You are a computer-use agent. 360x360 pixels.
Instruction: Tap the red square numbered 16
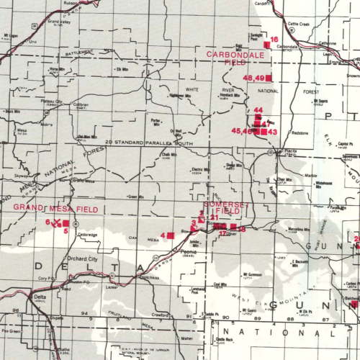coord(266,45)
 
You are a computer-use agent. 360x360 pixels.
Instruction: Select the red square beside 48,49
coord(269,77)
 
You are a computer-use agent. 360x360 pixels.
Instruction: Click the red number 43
coord(271,132)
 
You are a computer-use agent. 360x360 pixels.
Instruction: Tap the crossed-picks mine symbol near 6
coord(57,222)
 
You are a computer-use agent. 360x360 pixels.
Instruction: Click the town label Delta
coord(40,297)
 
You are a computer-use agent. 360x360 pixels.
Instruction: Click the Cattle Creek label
coord(297,24)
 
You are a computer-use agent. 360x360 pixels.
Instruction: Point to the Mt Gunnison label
coord(251,275)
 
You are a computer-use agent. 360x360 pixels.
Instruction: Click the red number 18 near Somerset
coord(242,229)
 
